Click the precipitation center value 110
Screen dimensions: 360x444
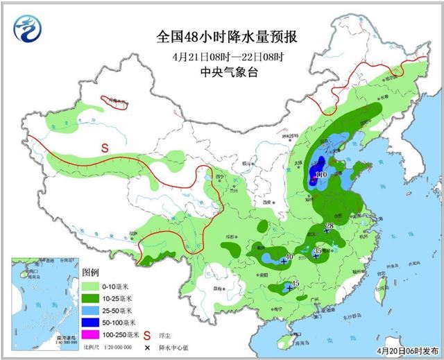321,175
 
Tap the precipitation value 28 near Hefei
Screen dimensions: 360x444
330,226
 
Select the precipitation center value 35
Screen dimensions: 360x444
318,251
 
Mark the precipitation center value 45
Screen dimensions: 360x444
295,283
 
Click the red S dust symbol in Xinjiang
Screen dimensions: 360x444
105,147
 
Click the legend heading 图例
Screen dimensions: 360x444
91,272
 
